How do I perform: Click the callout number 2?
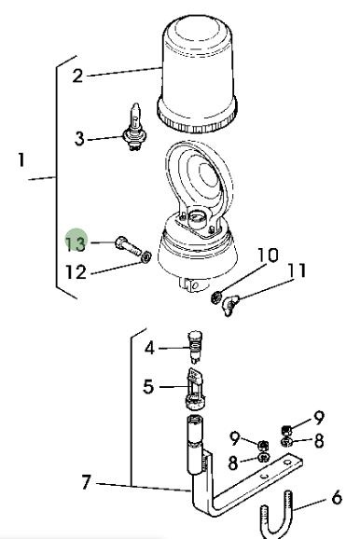coord(77,76)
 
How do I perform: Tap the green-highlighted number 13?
coord(76,243)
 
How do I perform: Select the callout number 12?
coord(76,272)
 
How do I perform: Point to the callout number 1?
coord(21,160)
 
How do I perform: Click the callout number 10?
coord(268,256)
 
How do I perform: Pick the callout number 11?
coord(298,270)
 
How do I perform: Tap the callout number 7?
coord(87,482)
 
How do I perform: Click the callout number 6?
coord(337,497)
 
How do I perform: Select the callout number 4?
coord(150,348)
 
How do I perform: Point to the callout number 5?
coord(148,387)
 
